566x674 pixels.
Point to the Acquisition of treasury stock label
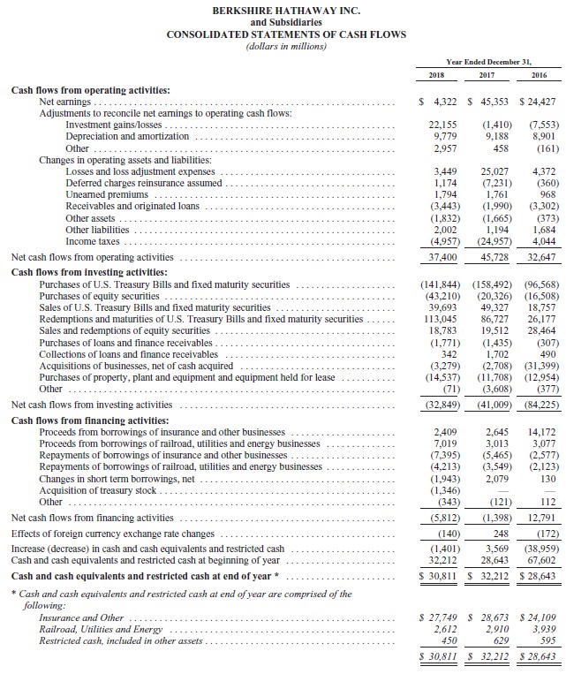click(98, 489)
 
